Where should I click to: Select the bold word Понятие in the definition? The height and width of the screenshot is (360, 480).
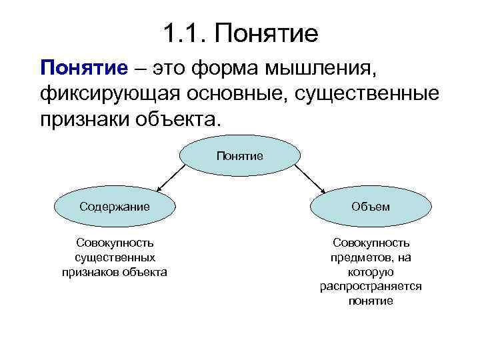click(83, 68)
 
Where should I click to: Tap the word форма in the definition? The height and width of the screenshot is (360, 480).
click(228, 68)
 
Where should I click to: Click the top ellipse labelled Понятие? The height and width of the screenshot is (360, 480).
click(239, 156)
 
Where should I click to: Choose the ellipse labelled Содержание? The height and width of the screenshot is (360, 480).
click(114, 207)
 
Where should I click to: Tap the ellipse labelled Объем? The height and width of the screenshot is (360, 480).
click(371, 207)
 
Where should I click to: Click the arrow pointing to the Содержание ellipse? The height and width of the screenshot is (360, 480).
click(170, 178)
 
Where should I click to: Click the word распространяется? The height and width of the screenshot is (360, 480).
click(371, 286)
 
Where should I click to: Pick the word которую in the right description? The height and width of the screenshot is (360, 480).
click(371, 272)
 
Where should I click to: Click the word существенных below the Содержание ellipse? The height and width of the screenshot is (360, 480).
click(115, 257)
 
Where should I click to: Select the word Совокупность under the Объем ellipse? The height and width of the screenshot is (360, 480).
click(371, 243)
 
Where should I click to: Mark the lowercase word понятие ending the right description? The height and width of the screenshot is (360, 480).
click(371, 301)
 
